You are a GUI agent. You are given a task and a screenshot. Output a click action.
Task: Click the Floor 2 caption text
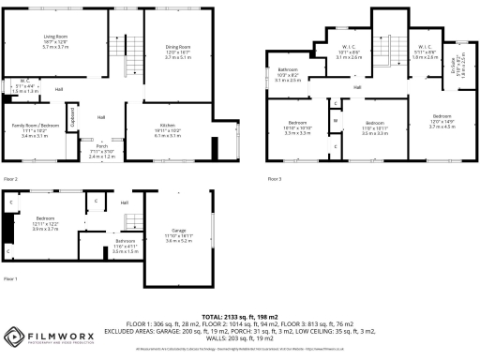point(10,177)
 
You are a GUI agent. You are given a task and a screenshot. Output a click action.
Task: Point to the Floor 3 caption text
point(274,177)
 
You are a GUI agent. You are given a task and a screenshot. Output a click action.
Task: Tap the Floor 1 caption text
point(10,279)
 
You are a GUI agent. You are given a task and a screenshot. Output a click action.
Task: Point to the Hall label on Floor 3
point(357,89)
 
